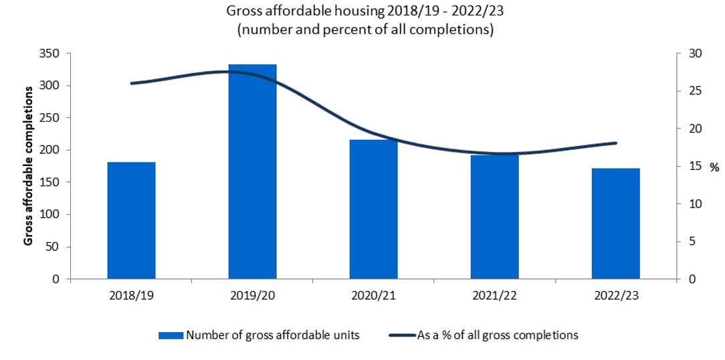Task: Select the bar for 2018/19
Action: [x=131, y=220]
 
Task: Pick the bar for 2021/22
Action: [x=494, y=217]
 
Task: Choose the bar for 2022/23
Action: [x=615, y=223]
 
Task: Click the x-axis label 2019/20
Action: [x=252, y=296]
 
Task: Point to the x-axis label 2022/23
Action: [x=615, y=296]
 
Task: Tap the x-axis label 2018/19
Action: [x=131, y=296]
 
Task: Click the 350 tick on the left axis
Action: [x=51, y=54]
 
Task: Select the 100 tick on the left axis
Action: [x=51, y=215]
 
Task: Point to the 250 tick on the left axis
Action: [x=51, y=118]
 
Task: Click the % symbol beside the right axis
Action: [x=714, y=167]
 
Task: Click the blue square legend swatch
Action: [x=171, y=335]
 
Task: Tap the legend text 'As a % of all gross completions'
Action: [x=497, y=335]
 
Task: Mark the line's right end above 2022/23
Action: [x=616, y=143]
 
